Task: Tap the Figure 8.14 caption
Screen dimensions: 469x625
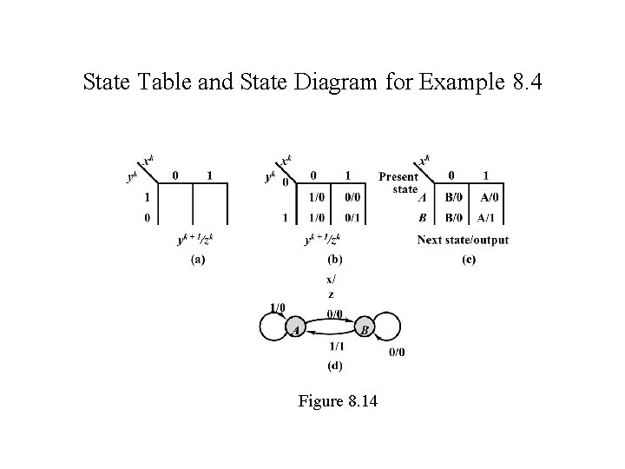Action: point(338,401)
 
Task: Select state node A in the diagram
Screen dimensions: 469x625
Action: point(296,330)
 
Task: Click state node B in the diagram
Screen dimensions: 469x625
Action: point(365,330)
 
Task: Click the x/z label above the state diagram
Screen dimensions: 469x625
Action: point(330,287)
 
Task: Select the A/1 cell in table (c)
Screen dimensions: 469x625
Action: point(490,216)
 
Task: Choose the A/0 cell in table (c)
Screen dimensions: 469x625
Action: point(490,197)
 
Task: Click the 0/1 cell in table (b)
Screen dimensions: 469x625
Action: point(348,216)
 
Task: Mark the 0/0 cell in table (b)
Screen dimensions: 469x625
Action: point(348,197)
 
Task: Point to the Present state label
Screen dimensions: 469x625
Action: point(398,182)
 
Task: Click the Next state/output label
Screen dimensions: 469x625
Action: point(463,240)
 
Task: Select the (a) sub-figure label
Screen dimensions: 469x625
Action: point(198,260)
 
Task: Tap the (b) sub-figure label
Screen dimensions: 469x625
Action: point(333,260)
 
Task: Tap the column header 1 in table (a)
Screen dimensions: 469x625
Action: point(209,175)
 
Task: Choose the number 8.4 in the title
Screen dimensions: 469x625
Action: point(523,83)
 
